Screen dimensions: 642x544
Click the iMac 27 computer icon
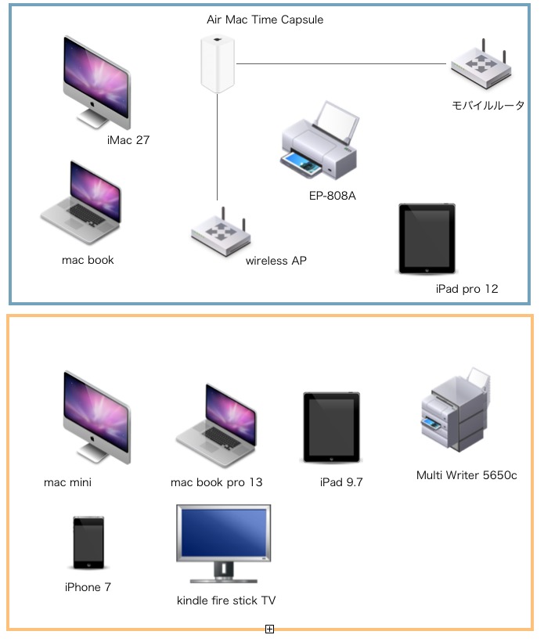pos(95,80)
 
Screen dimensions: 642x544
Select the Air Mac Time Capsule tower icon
pos(217,64)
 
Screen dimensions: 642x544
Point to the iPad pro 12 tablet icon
pos(427,239)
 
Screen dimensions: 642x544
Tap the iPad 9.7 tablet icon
pos(332,427)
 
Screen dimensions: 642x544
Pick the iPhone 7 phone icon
pos(88,543)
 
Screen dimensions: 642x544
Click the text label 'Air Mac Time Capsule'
pos(265,20)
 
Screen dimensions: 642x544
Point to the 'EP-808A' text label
pos(332,195)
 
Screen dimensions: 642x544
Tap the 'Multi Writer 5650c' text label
pos(467,475)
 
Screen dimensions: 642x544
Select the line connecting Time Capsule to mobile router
pos(341,63)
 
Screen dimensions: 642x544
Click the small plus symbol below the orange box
pos(269,629)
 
